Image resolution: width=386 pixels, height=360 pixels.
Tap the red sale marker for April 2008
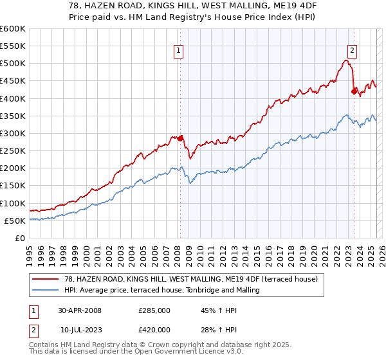181,138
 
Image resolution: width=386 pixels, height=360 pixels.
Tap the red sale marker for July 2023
354,91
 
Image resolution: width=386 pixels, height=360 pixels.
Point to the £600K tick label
12,29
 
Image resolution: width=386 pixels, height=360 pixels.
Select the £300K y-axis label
12,134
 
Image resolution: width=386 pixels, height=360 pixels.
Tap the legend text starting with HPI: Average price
161,290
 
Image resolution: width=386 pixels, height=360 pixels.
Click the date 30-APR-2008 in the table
80,310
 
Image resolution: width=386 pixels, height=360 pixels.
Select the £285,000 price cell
154,310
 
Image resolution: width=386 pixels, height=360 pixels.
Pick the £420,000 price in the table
154,330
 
